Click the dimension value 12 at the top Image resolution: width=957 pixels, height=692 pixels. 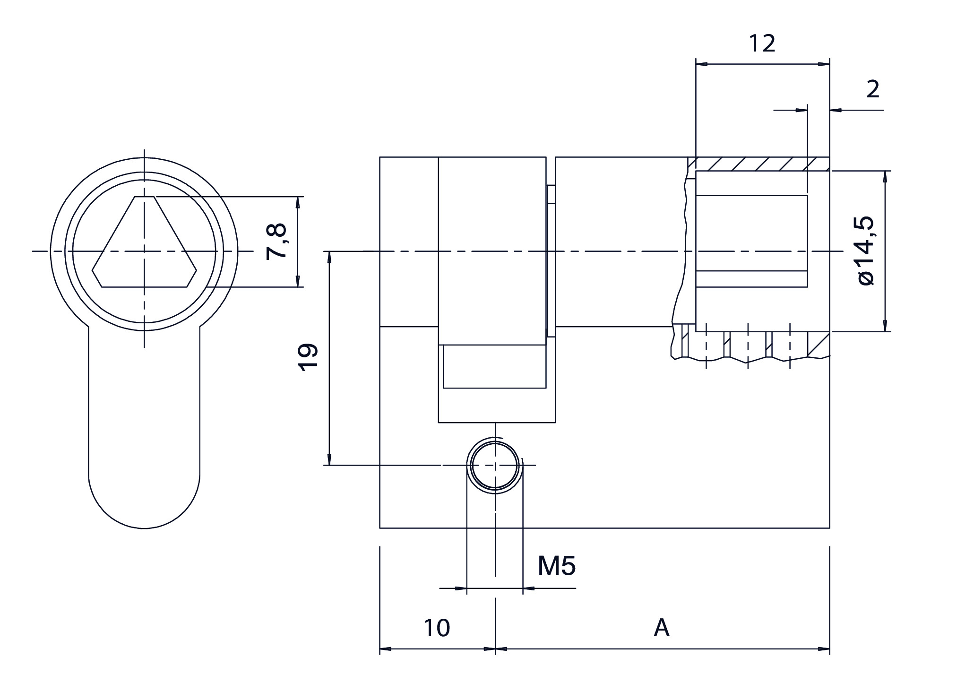click(x=762, y=44)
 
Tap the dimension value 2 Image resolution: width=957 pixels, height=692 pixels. click(x=872, y=89)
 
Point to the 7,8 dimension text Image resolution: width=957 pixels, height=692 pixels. click(x=276, y=242)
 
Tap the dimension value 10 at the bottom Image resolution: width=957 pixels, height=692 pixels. click(x=437, y=628)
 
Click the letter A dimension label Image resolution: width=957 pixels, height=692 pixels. click(x=662, y=628)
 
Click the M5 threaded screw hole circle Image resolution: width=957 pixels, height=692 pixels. click(x=495, y=466)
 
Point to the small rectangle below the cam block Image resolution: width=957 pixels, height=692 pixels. click(x=494, y=367)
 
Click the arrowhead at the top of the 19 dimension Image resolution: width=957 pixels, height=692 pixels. click(x=329, y=258)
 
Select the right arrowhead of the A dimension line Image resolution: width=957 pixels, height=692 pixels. click(x=824, y=649)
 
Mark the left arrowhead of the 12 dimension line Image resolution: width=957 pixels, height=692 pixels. click(x=702, y=64)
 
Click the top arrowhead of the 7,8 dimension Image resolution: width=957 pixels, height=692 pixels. click(x=298, y=202)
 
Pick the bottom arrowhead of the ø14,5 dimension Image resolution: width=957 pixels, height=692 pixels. click(x=885, y=326)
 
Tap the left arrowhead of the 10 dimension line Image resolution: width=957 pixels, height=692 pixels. click(x=386, y=649)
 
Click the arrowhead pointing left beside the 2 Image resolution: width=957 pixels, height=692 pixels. click(x=836, y=110)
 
